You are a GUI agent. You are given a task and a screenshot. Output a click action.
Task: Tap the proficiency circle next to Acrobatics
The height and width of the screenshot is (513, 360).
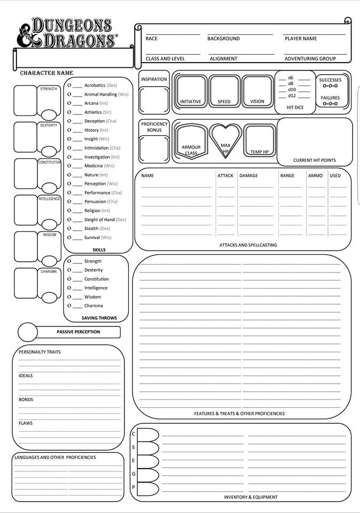[69, 85]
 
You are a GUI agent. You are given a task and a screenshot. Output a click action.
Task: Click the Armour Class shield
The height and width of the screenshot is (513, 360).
[191, 141]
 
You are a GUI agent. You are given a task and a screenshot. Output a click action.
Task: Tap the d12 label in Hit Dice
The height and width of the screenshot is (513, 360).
[292, 96]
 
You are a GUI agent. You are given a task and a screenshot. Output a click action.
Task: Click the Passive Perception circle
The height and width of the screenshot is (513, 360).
[28, 332]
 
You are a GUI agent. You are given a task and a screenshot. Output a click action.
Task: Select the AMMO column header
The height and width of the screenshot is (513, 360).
[315, 176]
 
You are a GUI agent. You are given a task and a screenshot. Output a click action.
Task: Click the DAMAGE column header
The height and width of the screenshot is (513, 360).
[248, 176]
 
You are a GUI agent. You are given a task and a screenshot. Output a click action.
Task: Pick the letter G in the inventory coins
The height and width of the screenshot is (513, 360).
[134, 474]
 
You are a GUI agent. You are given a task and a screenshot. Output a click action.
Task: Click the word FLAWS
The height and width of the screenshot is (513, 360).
[26, 423]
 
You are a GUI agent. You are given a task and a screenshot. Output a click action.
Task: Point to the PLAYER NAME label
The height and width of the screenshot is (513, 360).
[301, 39]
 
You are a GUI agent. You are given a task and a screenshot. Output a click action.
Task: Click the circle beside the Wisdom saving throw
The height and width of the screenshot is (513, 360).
[69, 297]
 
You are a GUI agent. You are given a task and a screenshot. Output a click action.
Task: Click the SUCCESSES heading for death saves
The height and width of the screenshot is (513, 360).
[330, 80]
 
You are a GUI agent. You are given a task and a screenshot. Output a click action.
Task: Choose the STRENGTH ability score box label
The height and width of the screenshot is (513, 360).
[49, 89]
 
